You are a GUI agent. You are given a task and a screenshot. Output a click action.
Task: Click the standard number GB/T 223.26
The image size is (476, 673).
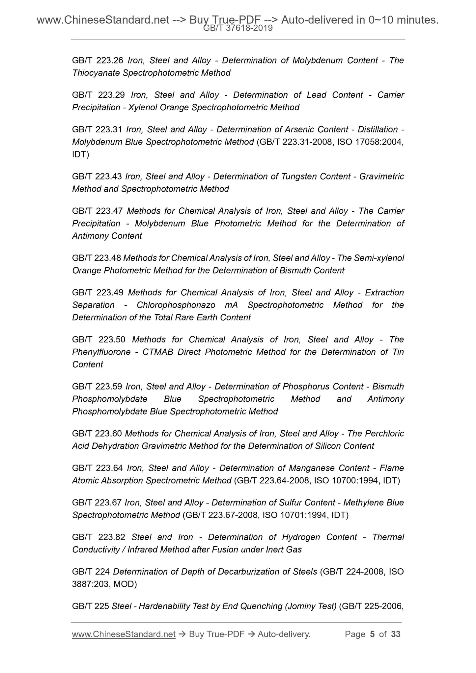pyautogui.click(x=98, y=61)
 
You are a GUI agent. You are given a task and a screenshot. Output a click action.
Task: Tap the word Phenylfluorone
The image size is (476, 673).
pyautogui.click(x=101, y=352)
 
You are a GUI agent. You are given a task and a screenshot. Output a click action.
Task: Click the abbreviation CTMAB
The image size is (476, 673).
pyautogui.click(x=157, y=352)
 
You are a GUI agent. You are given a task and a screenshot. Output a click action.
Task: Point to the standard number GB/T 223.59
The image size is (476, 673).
pyautogui.click(x=98, y=387)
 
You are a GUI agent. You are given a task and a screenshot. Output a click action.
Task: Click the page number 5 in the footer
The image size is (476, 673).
pyautogui.click(x=372, y=634)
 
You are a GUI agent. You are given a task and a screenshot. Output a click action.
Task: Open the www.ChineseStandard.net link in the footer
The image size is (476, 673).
pyautogui.click(x=124, y=634)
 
